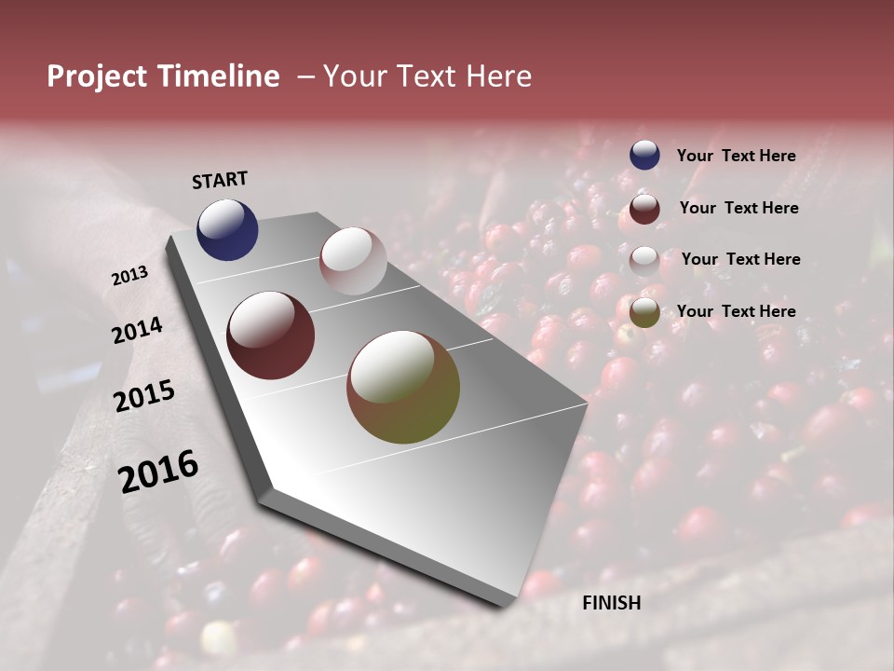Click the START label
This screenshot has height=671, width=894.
pyautogui.click(x=220, y=180)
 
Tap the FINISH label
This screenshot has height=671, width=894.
pyautogui.click(x=611, y=603)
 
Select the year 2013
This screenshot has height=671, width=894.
pyautogui.click(x=130, y=276)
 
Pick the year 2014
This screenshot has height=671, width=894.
pyautogui.click(x=137, y=331)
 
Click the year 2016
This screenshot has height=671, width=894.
pyautogui.click(x=158, y=471)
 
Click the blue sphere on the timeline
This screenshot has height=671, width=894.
pyautogui.click(x=227, y=229)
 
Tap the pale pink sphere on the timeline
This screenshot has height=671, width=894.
pyautogui.click(x=353, y=261)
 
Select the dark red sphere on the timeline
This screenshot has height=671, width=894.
pyautogui.click(x=270, y=335)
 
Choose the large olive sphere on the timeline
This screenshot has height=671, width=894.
pyautogui.click(x=403, y=387)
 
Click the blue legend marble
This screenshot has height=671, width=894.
pyautogui.click(x=644, y=156)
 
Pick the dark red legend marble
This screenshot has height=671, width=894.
pyautogui.click(x=644, y=209)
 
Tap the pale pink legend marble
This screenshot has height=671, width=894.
pyautogui.click(x=644, y=261)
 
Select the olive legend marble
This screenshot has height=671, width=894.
pyautogui.click(x=644, y=312)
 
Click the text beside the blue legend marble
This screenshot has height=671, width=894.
pyautogui.click(x=736, y=157)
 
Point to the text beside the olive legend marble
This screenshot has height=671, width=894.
pyautogui.click(x=736, y=311)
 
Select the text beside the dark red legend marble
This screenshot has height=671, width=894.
pyautogui.click(x=738, y=208)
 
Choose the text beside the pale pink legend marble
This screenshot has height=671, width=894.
pyautogui.click(x=740, y=259)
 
